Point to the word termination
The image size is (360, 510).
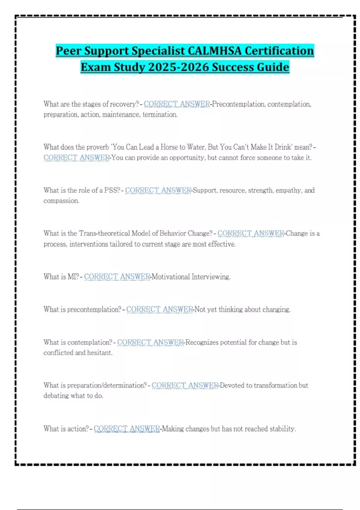(x=160, y=115)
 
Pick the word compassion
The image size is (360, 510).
(x=61, y=201)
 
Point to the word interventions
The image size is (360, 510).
(x=88, y=244)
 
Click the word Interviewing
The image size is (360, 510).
(x=211, y=277)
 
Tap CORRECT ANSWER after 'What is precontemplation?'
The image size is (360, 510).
(x=159, y=309)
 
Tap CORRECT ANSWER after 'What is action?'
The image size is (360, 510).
(x=127, y=429)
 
